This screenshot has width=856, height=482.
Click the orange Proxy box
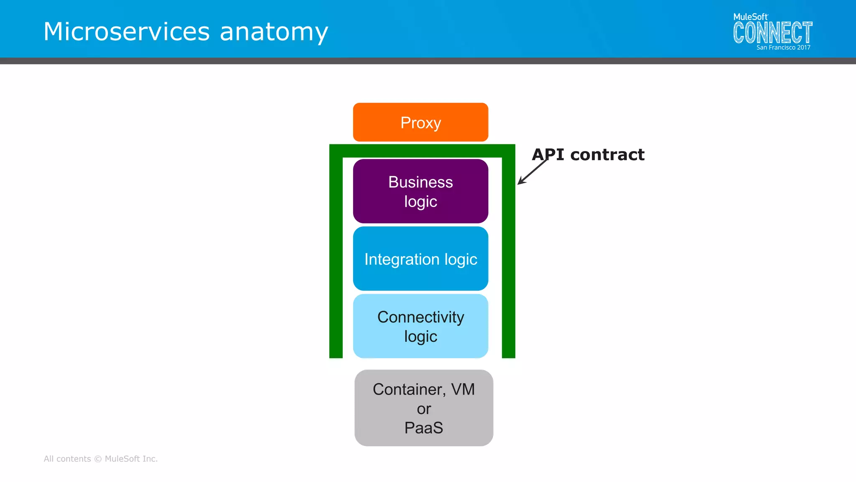coord(420,122)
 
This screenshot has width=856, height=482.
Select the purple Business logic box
coord(420,191)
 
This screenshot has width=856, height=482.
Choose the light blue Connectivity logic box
coord(420,326)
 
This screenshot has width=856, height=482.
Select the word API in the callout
coord(548,155)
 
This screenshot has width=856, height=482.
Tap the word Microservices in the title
coord(127,32)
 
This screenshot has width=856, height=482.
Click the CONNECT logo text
coord(772,33)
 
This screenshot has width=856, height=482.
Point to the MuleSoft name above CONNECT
coord(750,17)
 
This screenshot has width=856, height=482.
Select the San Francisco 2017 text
coord(783,48)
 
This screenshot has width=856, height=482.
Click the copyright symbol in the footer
coord(98,459)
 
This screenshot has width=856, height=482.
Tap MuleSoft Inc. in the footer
coord(131,459)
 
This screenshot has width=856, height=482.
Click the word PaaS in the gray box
coord(423,428)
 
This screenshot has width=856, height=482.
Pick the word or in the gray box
coord(423,409)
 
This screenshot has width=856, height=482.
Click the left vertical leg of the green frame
coord(336,259)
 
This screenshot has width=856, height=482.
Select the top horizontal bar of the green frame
coord(422,151)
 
